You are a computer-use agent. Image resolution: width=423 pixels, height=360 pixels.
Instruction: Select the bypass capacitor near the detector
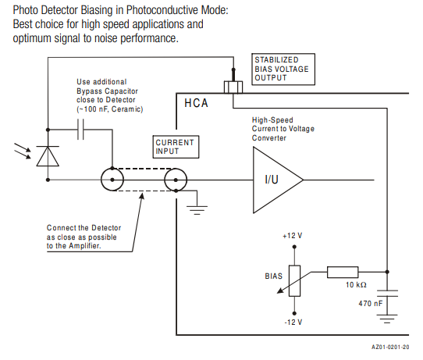point(80,130)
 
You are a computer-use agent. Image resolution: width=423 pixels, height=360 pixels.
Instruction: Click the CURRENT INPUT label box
point(176,147)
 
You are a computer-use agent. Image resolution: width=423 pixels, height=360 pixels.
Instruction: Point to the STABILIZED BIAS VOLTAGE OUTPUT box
point(283,70)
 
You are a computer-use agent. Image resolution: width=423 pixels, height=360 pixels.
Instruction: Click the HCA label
point(196,103)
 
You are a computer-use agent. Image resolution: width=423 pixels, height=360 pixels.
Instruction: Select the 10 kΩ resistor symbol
point(343,272)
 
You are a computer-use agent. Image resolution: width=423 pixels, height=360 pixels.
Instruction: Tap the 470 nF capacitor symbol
point(387,294)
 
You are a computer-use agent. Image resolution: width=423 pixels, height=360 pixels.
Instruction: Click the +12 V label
point(293,236)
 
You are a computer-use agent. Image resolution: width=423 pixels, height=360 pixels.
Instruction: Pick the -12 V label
point(293,323)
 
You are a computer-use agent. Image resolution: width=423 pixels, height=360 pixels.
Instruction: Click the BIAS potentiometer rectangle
point(294,281)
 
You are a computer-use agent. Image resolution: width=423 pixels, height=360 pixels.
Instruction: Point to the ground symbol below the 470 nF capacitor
point(387,319)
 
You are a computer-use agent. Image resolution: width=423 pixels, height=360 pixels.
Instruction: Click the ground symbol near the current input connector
point(197,210)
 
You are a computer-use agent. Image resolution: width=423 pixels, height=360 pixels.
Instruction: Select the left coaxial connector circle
point(112,180)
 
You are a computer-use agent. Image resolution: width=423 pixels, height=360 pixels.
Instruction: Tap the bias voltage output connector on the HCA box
point(233,87)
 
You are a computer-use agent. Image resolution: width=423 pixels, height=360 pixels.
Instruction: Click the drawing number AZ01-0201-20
point(390,347)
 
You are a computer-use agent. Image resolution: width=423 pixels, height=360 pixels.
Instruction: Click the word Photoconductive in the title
point(162,10)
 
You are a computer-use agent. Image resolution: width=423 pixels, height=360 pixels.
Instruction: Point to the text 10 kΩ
point(356,285)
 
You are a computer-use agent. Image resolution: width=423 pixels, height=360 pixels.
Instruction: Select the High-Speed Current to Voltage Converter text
point(283,129)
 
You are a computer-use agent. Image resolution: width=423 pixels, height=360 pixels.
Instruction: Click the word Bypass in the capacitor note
point(88,91)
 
